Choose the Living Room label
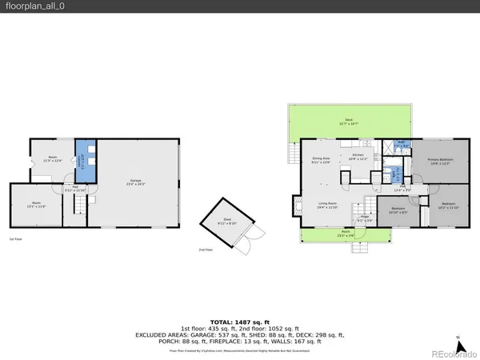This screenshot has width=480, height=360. click(x=327, y=205)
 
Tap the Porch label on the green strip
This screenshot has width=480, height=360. click(x=346, y=234)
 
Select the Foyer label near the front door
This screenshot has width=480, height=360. click(x=364, y=218)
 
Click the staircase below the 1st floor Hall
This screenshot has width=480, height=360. click(x=79, y=206)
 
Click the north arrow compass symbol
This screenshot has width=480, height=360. click(x=457, y=338)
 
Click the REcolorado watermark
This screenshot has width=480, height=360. click(x=451, y=353)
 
